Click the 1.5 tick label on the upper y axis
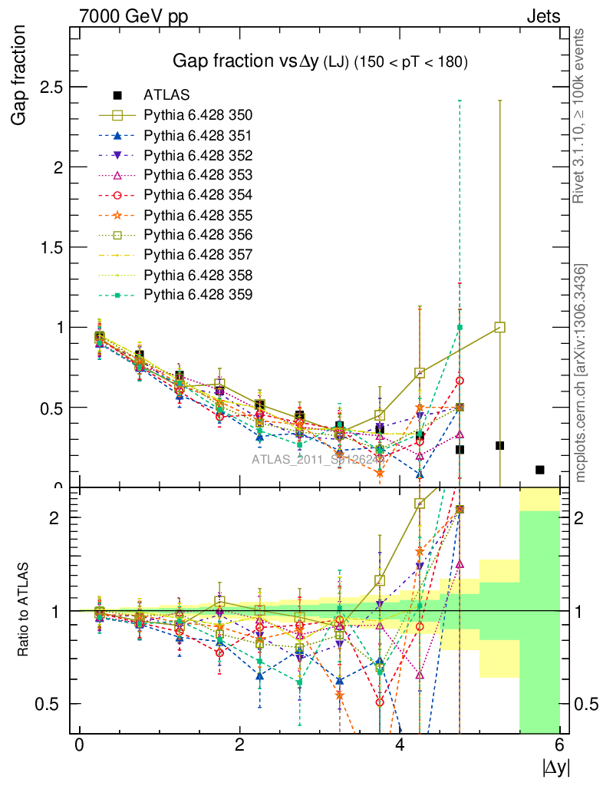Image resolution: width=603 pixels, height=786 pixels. (51, 247)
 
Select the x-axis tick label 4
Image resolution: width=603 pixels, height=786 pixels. (400, 745)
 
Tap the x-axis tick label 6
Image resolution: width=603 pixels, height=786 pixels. (561, 745)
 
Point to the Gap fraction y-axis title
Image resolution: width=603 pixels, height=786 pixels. (19, 76)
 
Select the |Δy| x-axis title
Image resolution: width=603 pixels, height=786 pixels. (555, 767)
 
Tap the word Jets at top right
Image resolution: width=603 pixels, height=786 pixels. (542, 15)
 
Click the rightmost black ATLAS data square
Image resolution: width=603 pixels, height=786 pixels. (540, 470)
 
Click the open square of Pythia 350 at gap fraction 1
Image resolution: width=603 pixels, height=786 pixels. (500, 327)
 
